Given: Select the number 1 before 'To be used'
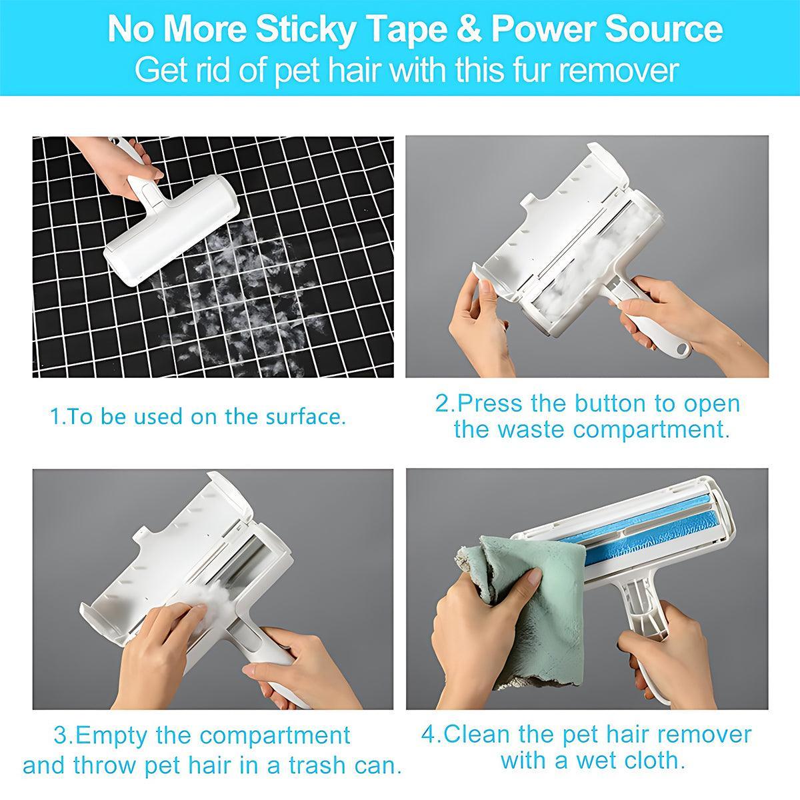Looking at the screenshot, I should pos(55,417).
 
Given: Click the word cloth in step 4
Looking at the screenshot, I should pos(657,760).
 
